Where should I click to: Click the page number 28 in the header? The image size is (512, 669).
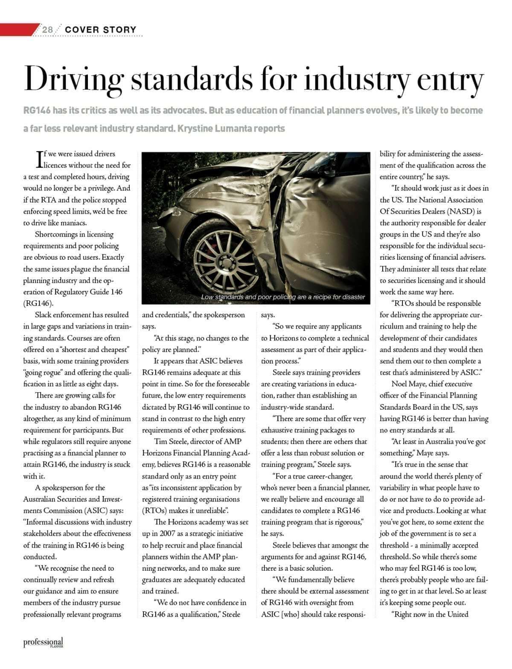click(x=47, y=29)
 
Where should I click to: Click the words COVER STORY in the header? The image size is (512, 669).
click(x=101, y=29)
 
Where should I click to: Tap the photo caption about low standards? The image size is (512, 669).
click(x=283, y=297)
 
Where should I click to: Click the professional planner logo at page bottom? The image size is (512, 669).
click(x=43, y=643)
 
